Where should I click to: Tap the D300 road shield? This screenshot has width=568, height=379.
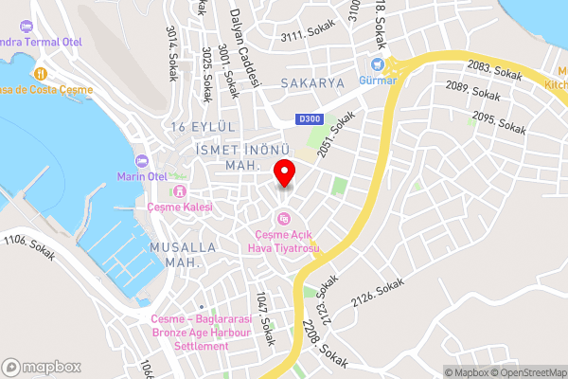[309, 118]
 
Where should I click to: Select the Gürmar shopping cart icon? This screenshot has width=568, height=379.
[378, 65]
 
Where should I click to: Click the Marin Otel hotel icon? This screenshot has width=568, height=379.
[143, 160]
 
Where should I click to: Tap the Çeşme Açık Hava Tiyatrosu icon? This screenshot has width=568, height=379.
[285, 221]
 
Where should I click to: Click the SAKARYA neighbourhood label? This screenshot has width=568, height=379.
[312, 83]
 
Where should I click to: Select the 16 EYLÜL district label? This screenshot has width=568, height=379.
[203, 127]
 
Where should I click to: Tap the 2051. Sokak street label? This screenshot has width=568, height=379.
[336, 135]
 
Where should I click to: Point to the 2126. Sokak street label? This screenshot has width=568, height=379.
[383, 298]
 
